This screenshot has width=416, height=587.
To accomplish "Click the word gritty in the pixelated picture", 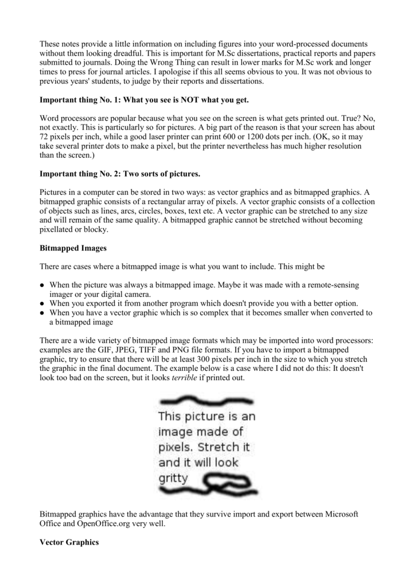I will (x=173, y=477).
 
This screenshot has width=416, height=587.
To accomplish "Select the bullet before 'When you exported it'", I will (x=42, y=304).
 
